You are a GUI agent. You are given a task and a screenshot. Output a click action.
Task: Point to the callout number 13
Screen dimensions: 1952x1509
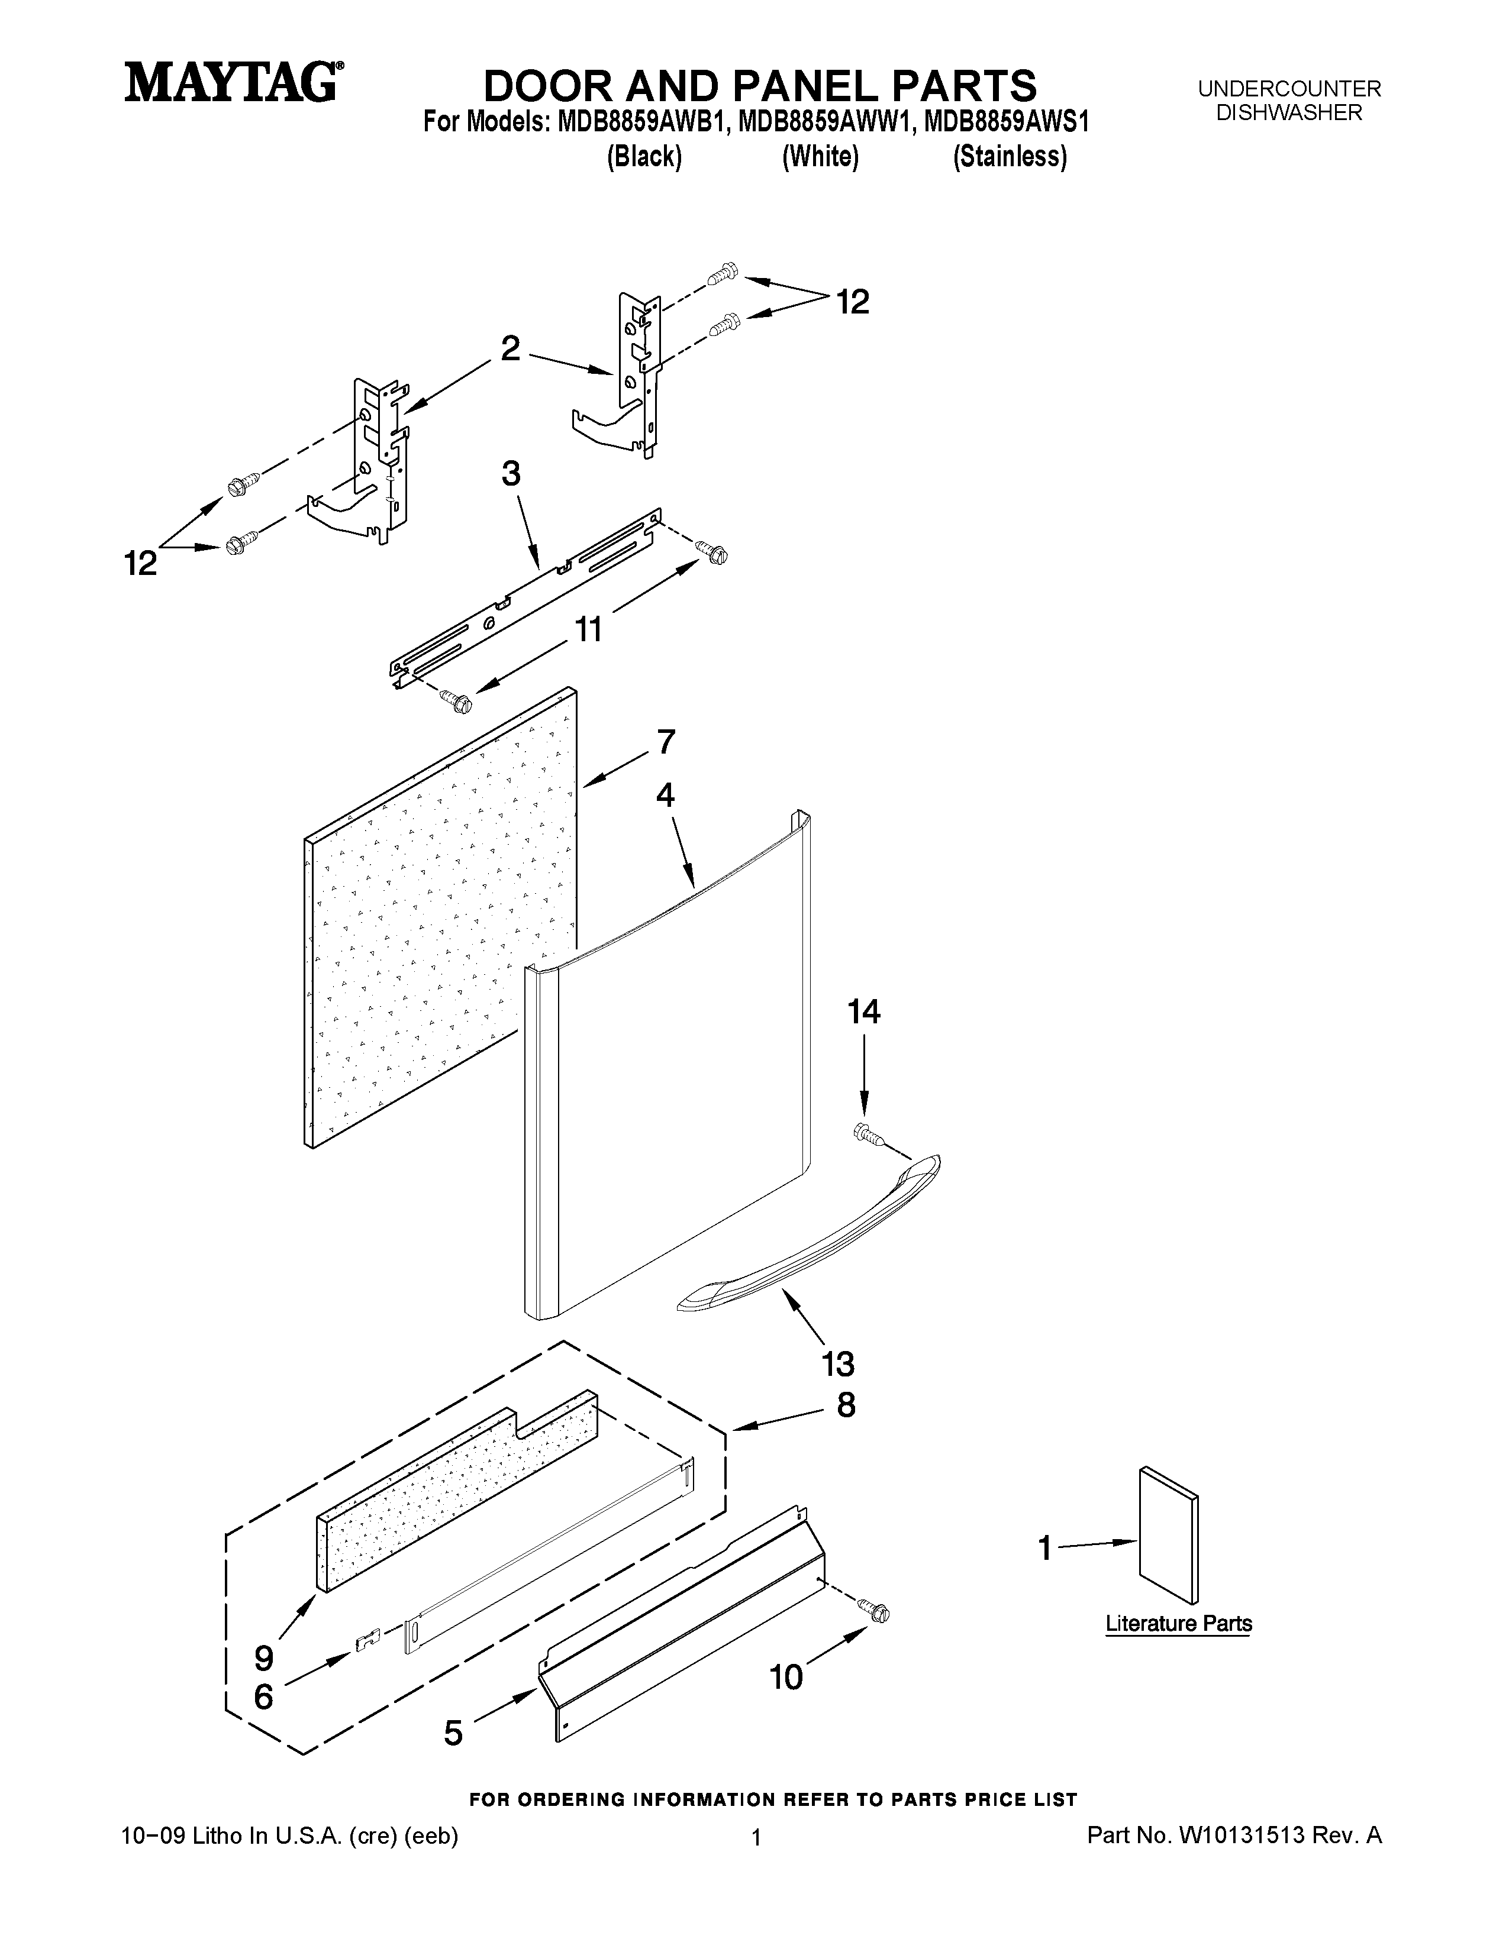839,1364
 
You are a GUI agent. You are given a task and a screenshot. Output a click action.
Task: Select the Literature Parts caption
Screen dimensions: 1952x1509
1178,1623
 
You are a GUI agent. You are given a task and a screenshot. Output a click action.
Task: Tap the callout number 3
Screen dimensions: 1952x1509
511,474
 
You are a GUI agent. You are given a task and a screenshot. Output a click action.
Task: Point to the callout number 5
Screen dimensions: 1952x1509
453,1733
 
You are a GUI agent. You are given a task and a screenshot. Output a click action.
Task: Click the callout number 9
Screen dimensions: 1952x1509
264,1659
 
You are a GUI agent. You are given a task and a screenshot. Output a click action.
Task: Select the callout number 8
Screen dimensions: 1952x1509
846,1405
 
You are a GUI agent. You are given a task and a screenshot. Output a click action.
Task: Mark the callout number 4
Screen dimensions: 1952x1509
665,794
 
